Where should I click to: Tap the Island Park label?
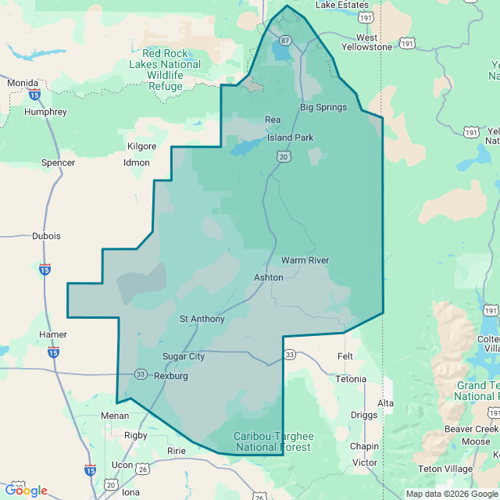pyautogui.click(x=290, y=137)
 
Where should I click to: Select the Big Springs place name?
pyautogui.click(x=323, y=107)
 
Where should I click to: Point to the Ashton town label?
pyautogui.click(x=268, y=277)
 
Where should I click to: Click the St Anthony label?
pyautogui.click(x=202, y=319)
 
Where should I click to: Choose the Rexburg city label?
pyautogui.click(x=171, y=376)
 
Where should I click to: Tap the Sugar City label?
pyautogui.click(x=183, y=356)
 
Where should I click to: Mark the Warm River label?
pyautogui.click(x=305, y=260)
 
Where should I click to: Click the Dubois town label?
pyautogui.click(x=46, y=235)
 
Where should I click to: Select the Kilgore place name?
pyautogui.click(x=141, y=146)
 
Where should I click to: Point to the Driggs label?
pyautogui.click(x=364, y=414)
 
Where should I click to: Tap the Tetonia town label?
pyautogui.click(x=351, y=379)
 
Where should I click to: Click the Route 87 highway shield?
pyautogui.click(x=285, y=40)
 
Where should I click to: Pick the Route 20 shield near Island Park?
pyautogui.click(x=283, y=157)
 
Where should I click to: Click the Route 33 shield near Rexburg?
pyautogui.click(x=141, y=373)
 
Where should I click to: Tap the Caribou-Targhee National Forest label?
pyautogui.click(x=273, y=442)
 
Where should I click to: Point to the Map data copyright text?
pyautogui.click(x=451, y=494)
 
